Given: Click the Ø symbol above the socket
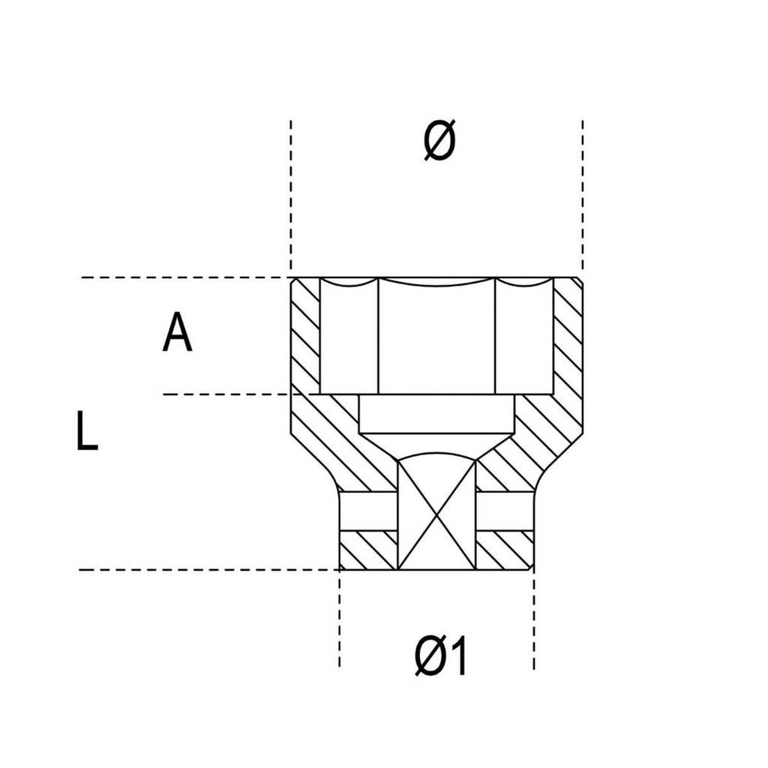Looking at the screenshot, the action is pyautogui.click(x=439, y=140).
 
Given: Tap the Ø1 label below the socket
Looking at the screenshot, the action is pyautogui.click(x=441, y=655).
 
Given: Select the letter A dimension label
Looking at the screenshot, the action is pyautogui.click(x=177, y=332).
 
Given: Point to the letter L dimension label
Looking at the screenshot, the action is pyautogui.click(x=87, y=430).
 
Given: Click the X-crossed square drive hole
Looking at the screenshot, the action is pyautogui.click(x=436, y=514).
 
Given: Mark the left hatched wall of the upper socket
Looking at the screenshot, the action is pyautogui.click(x=306, y=336).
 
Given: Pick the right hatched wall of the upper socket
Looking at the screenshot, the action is pyautogui.click(x=568, y=336).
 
